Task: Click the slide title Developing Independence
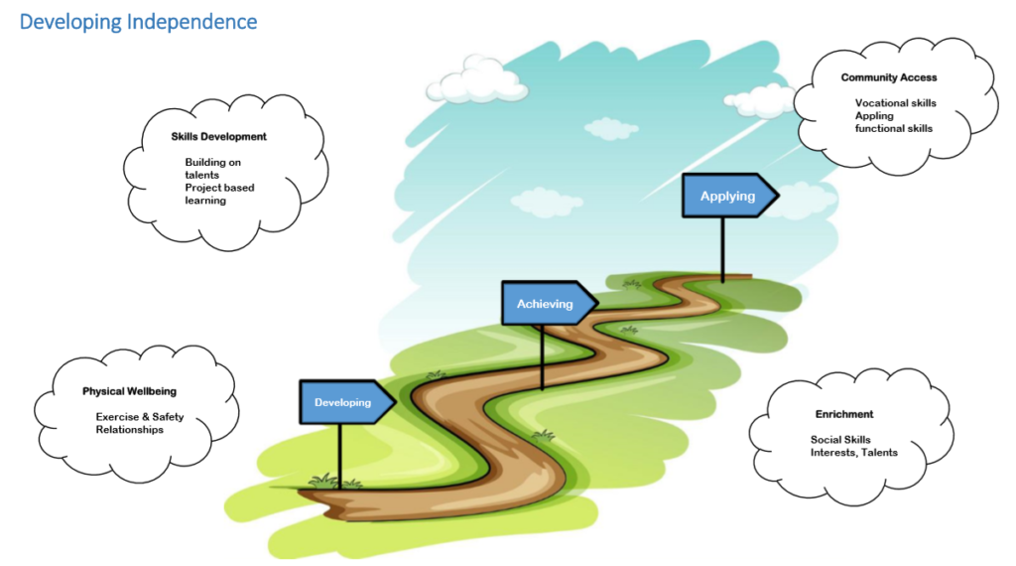click(x=138, y=21)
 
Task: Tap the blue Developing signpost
click(x=343, y=402)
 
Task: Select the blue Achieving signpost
click(x=545, y=304)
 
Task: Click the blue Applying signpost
click(x=727, y=196)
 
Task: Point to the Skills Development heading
click(x=219, y=137)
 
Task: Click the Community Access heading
click(x=889, y=77)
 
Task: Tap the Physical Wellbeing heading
click(x=129, y=391)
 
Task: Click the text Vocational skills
click(x=895, y=103)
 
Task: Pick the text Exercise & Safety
click(x=140, y=417)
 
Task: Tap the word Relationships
click(x=129, y=430)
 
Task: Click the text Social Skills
click(x=840, y=440)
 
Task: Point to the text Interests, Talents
click(x=853, y=453)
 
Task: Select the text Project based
click(x=219, y=188)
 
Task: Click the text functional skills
click(x=894, y=129)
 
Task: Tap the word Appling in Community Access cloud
click(x=874, y=116)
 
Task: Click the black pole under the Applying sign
click(x=722, y=249)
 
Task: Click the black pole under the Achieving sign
click(x=542, y=356)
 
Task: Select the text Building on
click(x=212, y=162)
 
